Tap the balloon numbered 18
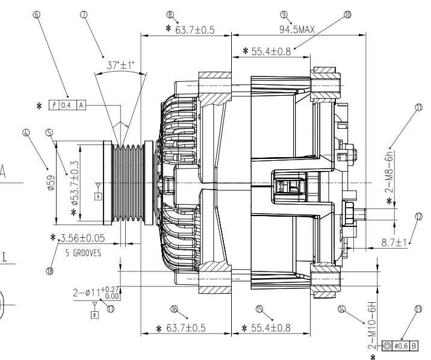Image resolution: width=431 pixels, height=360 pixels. (x=49, y=271)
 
